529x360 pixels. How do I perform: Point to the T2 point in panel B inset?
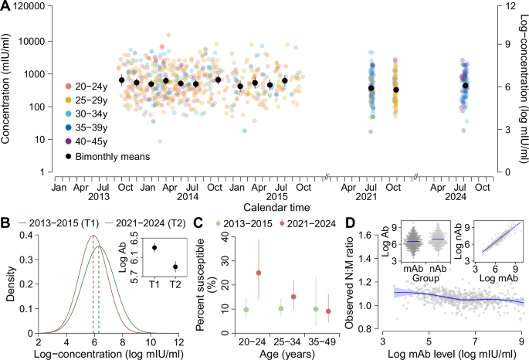[x=175, y=267]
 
